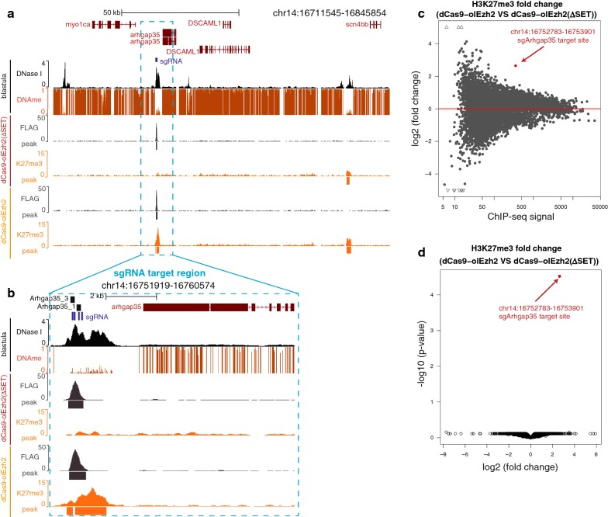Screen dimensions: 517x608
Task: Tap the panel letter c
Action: (x=421, y=13)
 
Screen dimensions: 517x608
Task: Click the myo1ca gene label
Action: (x=78, y=25)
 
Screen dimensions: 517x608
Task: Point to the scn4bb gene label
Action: (x=357, y=25)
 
